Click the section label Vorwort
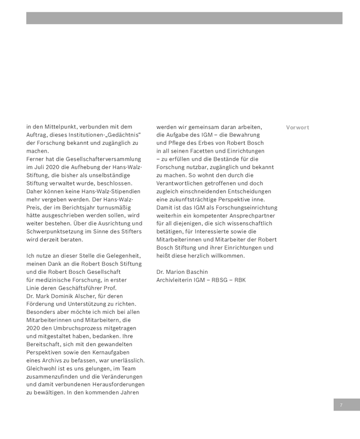pos(297,127)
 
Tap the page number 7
pos(341,405)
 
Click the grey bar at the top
pos(184,18)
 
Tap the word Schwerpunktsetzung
pos(59,232)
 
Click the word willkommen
pos(225,256)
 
